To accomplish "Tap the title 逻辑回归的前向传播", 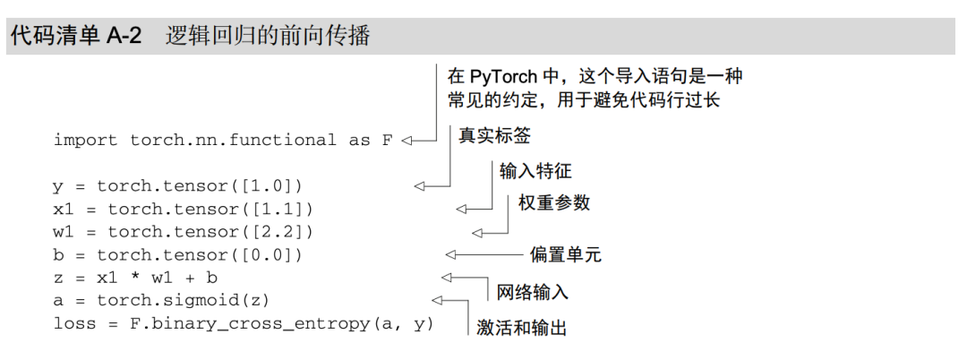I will click(268, 38).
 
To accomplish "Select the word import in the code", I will click(86, 141).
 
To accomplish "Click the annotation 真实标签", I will click(494, 135).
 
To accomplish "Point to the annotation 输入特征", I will click(535, 170).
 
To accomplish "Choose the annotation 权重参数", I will click(554, 203).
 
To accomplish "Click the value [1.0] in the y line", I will click(271, 187).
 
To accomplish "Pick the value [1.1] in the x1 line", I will click(282, 210).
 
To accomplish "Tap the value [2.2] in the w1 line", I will click(282, 233).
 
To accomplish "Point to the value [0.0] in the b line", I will click(271, 256).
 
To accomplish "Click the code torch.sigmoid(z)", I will click(184, 301).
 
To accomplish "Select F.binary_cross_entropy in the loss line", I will click(244, 324).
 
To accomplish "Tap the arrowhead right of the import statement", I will click(406, 141).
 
